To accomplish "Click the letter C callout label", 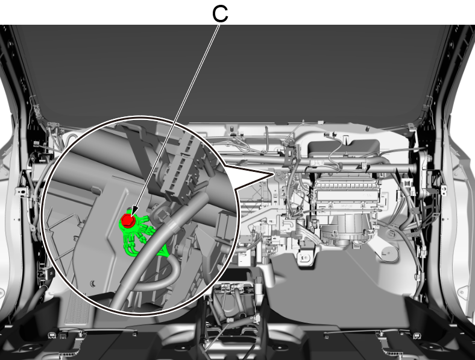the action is [x=220, y=14].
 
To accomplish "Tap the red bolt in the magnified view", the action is [x=128, y=219].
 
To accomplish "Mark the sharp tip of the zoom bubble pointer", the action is [x=274, y=174].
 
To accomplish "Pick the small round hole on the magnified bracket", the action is [x=93, y=283].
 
